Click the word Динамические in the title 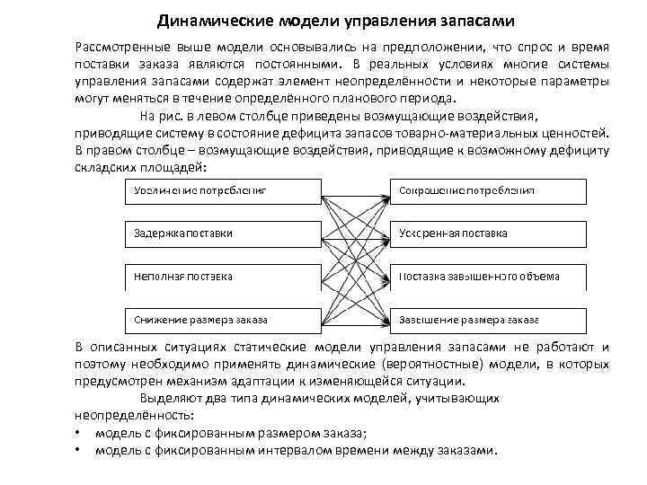click(205, 20)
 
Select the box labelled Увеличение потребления click(221, 190)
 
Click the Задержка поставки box click(221, 234)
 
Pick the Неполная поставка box click(221, 277)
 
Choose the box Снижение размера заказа click(221, 320)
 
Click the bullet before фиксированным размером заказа click(78, 434)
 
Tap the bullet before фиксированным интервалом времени click(78, 451)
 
